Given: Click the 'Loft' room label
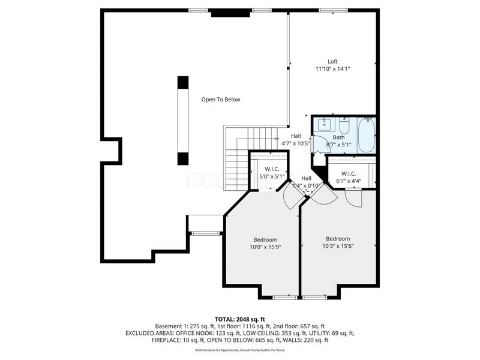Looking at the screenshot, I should click(x=332, y=61).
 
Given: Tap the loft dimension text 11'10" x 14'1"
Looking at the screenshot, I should click(x=332, y=69).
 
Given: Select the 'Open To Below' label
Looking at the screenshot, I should click(x=220, y=100).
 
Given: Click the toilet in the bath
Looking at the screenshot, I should click(x=344, y=127).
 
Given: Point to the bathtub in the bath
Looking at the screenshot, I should click(x=365, y=135).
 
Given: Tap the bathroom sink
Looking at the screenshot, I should click(x=324, y=125).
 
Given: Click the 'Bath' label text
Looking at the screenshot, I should click(x=338, y=137).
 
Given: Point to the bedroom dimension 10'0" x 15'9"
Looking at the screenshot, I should click(x=263, y=246).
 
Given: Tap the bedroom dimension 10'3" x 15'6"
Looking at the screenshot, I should click(x=338, y=246).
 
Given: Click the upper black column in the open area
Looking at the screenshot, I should click(x=183, y=83).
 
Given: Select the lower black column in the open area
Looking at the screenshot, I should click(x=183, y=158).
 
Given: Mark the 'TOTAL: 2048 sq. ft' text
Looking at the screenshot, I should click(x=240, y=319).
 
